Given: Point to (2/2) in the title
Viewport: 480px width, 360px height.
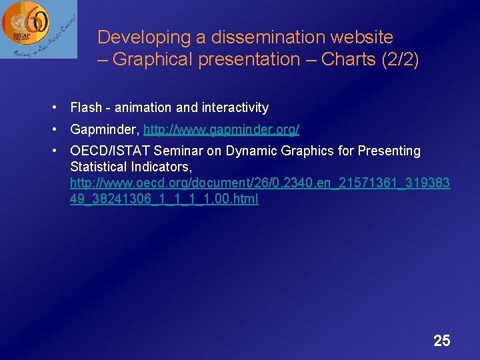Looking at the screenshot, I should [x=401, y=59].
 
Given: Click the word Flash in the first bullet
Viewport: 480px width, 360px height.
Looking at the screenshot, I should [x=86, y=107].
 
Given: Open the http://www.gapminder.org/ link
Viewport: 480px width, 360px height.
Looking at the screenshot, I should [x=221, y=129].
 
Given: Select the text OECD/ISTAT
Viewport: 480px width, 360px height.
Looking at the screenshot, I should [x=110, y=151].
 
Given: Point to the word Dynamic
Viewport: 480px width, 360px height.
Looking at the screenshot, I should [x=250, y=151].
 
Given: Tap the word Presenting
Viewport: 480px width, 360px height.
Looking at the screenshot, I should [x=389, y=151].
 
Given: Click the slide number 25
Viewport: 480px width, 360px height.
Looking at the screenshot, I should [x=441, y=341].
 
